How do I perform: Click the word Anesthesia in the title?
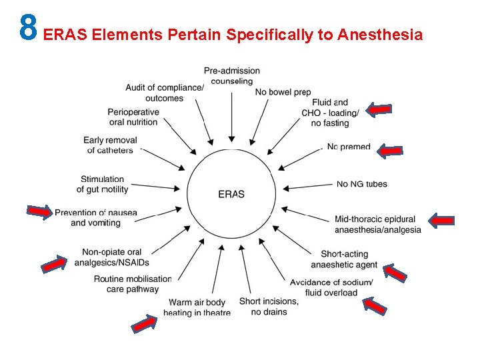tap(380, 35)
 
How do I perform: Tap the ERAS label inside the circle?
tap(231, 194)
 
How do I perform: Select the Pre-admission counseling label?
tap(232, 75)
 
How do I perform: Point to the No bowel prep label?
tap(283, 92)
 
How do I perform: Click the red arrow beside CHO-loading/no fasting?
tap(380, 110)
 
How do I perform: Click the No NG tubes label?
tap(361, 184)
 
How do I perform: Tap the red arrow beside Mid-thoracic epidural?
tap(441, 221)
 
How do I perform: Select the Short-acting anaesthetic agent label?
tap(349, 259)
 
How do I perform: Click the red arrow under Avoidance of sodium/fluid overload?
tap(375, 305)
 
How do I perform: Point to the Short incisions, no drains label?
tap(269, 307)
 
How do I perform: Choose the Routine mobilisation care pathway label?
tap(133, 284)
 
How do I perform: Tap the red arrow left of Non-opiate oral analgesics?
tap(54, 264)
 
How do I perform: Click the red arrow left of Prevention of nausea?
tap(39, 212)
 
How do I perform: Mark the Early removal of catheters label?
tap(110, 145)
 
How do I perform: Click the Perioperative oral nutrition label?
tap(133, 117)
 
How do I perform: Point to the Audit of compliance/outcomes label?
tap(164, 93)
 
